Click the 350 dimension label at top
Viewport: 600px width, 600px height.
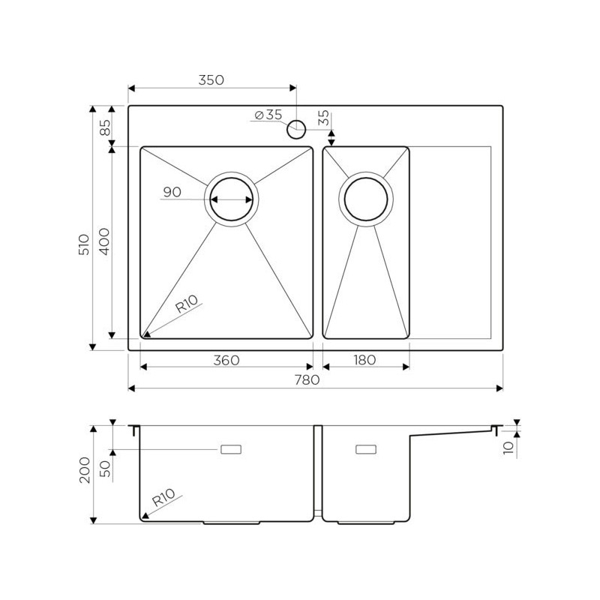click(211, 80)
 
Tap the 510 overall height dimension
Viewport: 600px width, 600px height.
click(84, 244)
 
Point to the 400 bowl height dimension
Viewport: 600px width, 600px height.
click(104, 241)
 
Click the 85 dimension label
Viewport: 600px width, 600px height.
click(105, 127)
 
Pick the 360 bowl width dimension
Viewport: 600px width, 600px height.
click(226, 360)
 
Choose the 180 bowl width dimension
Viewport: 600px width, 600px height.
click(364, 360)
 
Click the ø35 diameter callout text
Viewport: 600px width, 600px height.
click(268, 115)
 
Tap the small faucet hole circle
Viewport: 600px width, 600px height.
click(296, 129)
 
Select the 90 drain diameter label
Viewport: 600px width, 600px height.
click(172, 192)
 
